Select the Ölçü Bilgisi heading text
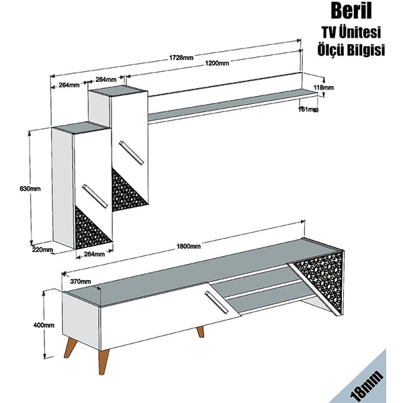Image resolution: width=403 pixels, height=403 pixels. click(x=350, y=51)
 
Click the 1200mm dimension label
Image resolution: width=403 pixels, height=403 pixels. click(x=217, y=64)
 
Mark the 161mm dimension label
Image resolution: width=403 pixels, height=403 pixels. click(x=308, y=109)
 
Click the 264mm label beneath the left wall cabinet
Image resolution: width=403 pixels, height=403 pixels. click(x=95, y=254)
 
